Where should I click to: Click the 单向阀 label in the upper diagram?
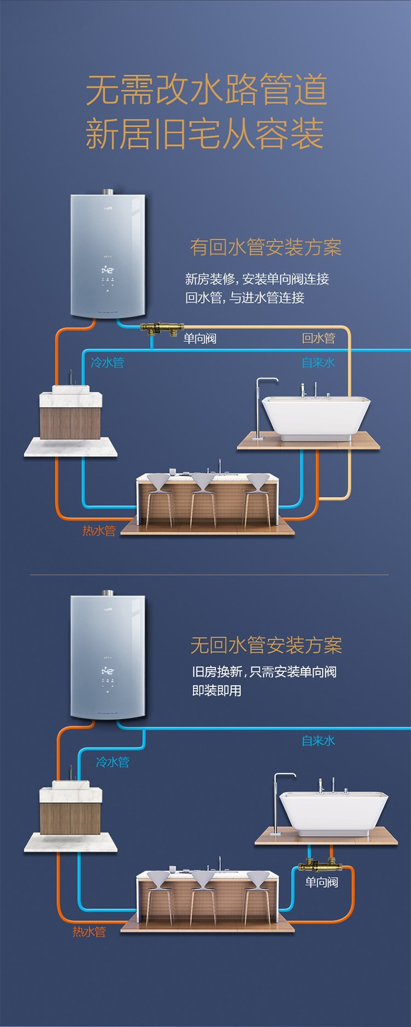tap(200, 338)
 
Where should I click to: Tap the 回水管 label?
tap(318, 338)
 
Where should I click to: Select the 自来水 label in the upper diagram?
tap(318, 362)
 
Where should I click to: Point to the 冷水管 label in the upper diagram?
tap(107, 362)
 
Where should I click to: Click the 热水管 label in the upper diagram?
tap(99, 531)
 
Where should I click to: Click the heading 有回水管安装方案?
tap(266, 247)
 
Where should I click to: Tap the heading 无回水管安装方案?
tap(266, 645)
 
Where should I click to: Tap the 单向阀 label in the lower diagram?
tap(322, 882)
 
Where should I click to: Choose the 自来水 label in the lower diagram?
tap(318, 741)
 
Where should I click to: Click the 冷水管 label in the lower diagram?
tap(112, 761)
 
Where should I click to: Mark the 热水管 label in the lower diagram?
tap(89, 931)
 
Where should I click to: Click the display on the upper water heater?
tap(107, 270)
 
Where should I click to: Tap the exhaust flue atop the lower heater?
tap(107, 593)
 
